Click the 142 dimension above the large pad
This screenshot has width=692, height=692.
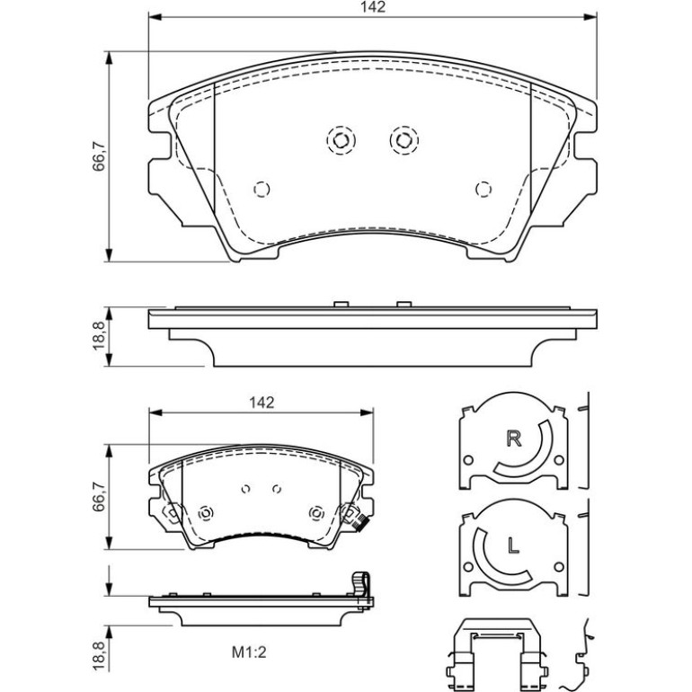[x=373, y=7]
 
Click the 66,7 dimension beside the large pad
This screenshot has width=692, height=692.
[x=99, y=155]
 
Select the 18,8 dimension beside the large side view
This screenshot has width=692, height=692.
[x=99, y=336]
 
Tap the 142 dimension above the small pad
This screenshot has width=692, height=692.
[x=262, y=403]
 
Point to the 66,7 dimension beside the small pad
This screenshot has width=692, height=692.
[x=99, y=495]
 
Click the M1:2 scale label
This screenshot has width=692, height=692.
[x=249, y=652]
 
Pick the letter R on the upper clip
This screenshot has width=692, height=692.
[x=514, y=439]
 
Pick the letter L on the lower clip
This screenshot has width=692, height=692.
[x=513, y=546]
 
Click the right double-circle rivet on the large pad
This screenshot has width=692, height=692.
[x=404, y=140]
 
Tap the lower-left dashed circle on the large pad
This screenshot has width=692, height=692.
[x=262, y=190]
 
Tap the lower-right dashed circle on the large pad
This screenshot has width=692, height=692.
[x=484, y=190]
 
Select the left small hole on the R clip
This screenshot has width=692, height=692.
[x=468, y=460]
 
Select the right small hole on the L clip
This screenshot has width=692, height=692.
[x=559, y=567]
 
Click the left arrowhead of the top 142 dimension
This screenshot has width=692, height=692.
[x=155, y=17]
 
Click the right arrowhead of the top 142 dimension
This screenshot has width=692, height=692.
[x=590, y=17]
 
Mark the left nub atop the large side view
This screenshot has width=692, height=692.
[x=342, y=304]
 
